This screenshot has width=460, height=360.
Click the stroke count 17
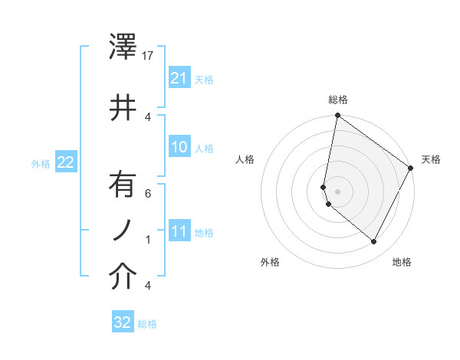[x=149, y=56]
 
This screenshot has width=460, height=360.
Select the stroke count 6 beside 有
[x=148, y=194]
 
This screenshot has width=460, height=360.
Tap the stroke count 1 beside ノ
[x=148, y=239]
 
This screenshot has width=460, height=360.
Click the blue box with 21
[x=179, y=78]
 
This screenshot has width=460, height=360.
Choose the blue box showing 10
[x=179, y=147]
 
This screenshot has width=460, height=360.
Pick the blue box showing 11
[x=179, y=231]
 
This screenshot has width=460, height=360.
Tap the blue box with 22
[x=66, y=162]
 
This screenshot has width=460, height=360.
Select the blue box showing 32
[x=123, y=322]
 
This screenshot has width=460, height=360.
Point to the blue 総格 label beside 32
[x=147, y=324]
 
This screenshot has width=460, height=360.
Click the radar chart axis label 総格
[x=338, y=100]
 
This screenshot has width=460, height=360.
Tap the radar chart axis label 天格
[x=432, y=159]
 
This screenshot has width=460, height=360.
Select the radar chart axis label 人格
[x=245, y=159]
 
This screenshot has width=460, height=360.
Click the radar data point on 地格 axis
[x=374, y=242]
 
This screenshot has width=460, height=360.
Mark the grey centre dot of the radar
[x=338, y=191]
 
